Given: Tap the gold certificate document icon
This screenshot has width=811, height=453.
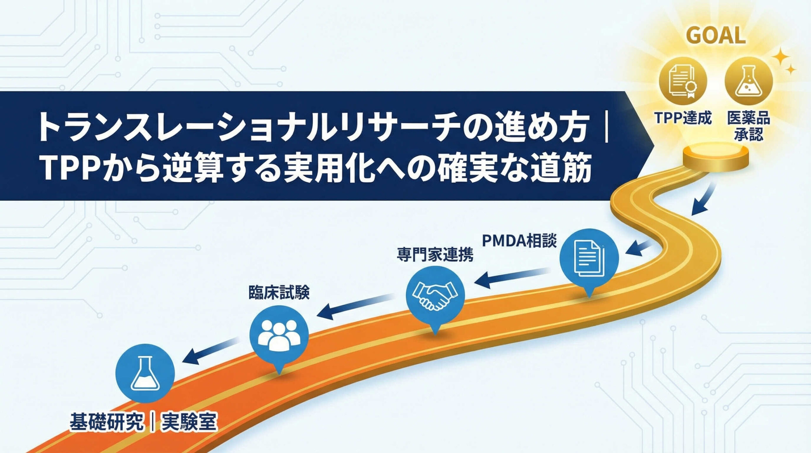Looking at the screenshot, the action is click(x=683, y=81).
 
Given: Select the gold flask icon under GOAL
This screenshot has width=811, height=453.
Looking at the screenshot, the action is click(x=749, y=81).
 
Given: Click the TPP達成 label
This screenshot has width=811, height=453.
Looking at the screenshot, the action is click(x=683, y=118).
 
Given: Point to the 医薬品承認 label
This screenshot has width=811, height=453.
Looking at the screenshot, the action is click(x=749, y=126).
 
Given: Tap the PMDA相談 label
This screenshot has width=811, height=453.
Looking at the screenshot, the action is click(x=519, y=241).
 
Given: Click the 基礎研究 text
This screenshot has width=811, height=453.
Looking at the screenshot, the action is click(x=106, y=422).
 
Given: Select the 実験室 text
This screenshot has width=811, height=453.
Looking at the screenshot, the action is click(x=189, y=422).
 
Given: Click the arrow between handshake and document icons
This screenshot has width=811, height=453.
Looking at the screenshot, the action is click(x=513, y=276).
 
